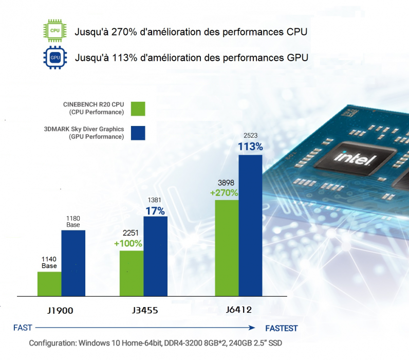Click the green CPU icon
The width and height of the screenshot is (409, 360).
55,31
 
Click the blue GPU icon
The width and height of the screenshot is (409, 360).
55,57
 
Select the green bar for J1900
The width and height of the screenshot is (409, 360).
49,284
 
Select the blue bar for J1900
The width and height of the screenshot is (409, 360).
73,263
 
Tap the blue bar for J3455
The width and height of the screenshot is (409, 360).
155,256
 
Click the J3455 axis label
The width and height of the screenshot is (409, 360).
143,311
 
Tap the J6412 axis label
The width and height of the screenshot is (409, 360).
239,311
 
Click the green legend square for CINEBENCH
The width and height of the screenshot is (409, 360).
138,109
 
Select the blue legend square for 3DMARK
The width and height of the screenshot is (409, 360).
138,133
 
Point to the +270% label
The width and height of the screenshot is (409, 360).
224,193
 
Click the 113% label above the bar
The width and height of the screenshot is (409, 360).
250,147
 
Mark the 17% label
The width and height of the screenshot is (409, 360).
155,211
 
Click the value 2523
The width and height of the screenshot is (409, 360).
250,136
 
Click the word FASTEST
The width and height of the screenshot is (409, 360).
281,328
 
